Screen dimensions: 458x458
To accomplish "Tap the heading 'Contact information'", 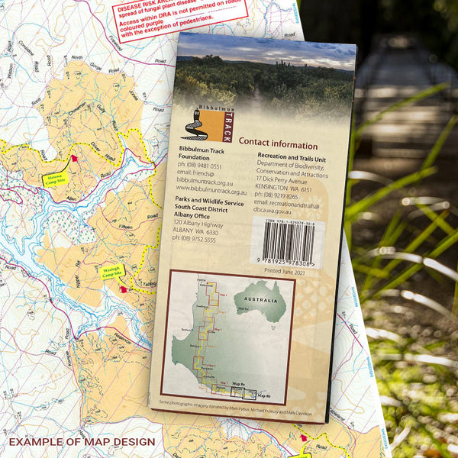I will [278, 144].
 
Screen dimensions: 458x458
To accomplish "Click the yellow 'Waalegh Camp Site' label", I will [113, 271].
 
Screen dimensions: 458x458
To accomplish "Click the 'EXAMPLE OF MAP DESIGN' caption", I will [82, 442].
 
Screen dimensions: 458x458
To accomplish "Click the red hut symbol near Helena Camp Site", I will [75, 158].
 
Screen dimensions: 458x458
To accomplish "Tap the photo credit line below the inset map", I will [226, 408].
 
